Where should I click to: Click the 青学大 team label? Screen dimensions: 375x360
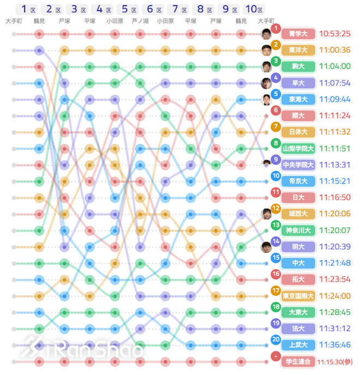(298, 34)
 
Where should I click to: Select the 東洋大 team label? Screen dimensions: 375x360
(298, 50)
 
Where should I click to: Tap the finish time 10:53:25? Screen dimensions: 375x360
(334, 34)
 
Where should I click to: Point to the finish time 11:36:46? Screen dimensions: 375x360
(334, 345)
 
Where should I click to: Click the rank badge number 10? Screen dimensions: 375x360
(276, 176)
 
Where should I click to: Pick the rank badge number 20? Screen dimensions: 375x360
(276, 339)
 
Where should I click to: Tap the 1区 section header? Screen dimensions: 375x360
(28, 9)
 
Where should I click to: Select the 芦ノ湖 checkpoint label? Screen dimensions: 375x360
(140, 21)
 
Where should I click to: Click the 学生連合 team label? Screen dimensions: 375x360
(298, 361)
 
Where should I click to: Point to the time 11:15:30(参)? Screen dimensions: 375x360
(337, 361)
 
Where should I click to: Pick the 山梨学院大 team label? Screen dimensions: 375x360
(298, 148)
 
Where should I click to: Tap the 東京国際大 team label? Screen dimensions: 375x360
(298, 296)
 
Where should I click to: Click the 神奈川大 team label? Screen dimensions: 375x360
(298, 230)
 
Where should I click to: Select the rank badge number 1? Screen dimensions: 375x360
(276, 28)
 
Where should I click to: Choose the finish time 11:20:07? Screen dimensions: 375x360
(334, 230)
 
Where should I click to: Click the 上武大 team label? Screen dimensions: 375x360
(298, 345)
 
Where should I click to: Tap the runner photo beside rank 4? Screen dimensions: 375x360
(266, 83)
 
